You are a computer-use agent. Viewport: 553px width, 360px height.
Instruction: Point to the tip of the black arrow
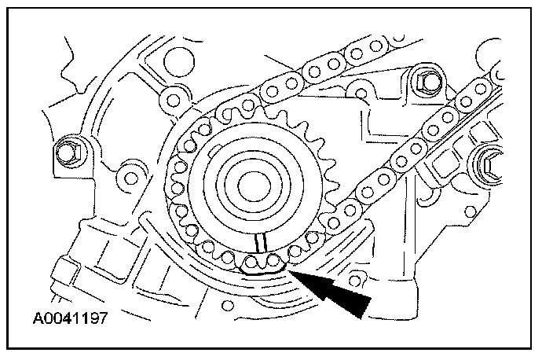290,269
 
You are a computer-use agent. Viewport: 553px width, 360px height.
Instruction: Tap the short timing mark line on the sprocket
263,244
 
